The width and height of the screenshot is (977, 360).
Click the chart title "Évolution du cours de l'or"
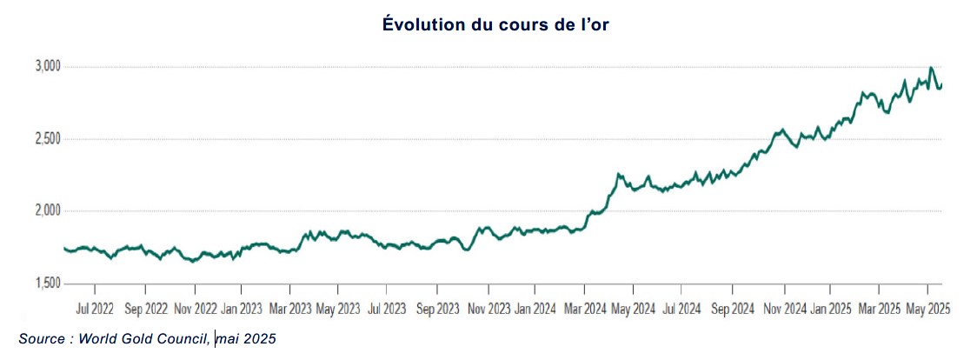tap(488, 25)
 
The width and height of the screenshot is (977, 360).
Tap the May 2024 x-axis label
tap(633, 309)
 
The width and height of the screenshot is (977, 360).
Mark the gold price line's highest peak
tap(931, 68)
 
